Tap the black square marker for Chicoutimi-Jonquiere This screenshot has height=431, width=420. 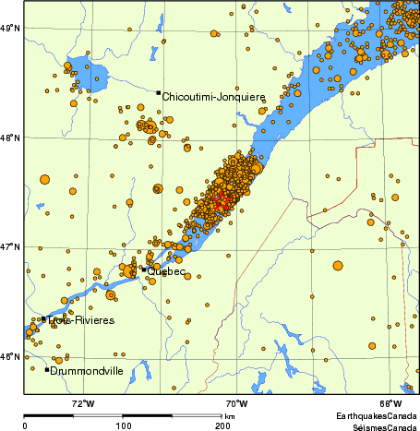(x=159, y=93)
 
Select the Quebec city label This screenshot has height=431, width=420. (x=167, y=271)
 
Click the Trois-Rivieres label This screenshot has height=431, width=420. (x=80, y=320)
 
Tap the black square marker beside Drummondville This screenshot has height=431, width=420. (x=47, y=370)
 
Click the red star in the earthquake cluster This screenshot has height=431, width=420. (x=220, y=199)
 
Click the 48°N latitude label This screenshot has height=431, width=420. (x=11, y=138)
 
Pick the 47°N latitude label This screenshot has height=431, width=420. (x=11, y=247)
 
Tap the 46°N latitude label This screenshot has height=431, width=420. (x=11, y=357)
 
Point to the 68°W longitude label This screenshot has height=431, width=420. (x=390, y=403)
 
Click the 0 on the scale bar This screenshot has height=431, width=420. (x=25, y=426)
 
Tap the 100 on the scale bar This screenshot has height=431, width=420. (x=123, y=426)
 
